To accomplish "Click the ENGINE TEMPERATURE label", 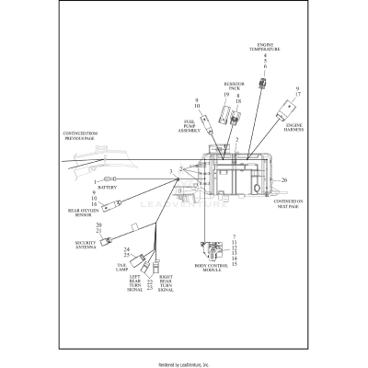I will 264,46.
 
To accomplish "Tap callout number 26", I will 284,180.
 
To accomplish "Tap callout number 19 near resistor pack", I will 224,96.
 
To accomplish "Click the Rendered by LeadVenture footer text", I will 184,362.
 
